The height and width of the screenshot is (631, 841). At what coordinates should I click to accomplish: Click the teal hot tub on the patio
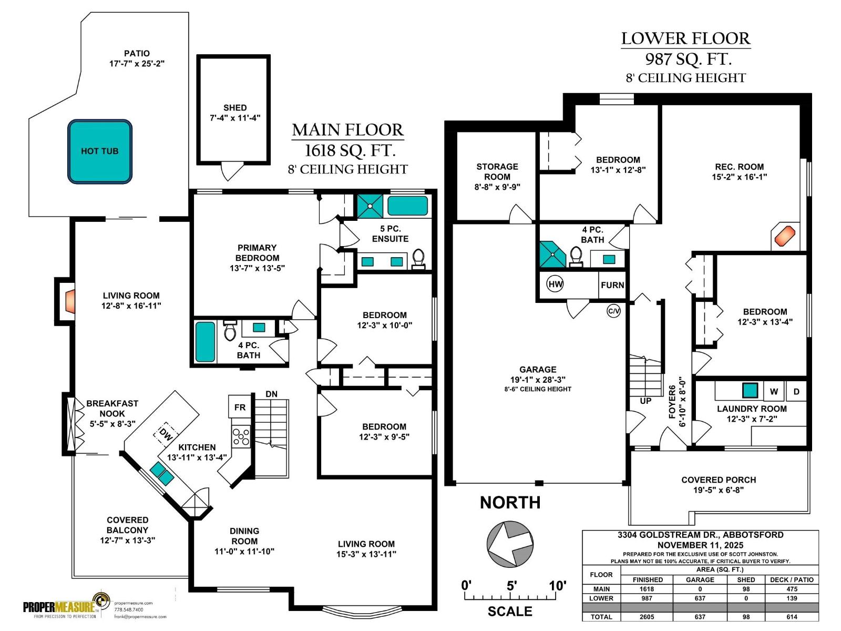[99, 151]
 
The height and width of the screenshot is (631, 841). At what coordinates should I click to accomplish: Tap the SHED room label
[235, 107]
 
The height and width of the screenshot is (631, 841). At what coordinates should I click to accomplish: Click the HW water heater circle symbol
[555, 284]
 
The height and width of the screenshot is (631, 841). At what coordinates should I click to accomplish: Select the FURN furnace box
[612, 285]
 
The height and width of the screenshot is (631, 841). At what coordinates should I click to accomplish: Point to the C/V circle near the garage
[613, 311]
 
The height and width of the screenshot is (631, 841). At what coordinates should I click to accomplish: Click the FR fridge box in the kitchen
[240, 407]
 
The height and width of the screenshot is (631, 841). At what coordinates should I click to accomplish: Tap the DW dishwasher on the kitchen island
[166, 434]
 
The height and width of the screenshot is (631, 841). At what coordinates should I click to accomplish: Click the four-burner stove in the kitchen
[241, 437]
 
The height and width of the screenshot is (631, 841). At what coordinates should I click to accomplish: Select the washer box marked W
[774, 391]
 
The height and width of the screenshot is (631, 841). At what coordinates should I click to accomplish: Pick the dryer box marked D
[796, 391]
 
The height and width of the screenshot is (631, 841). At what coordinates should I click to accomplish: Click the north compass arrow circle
[510, 544]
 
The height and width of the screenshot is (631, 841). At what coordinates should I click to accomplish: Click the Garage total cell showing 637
[700, 617]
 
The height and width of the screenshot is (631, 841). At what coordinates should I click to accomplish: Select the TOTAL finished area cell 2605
[647, 617]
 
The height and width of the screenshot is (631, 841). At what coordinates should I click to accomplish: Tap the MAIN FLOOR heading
[347, 130]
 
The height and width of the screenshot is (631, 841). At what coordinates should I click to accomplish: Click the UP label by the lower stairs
[645, 401]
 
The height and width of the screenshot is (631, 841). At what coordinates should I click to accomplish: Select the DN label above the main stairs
[271, 394]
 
